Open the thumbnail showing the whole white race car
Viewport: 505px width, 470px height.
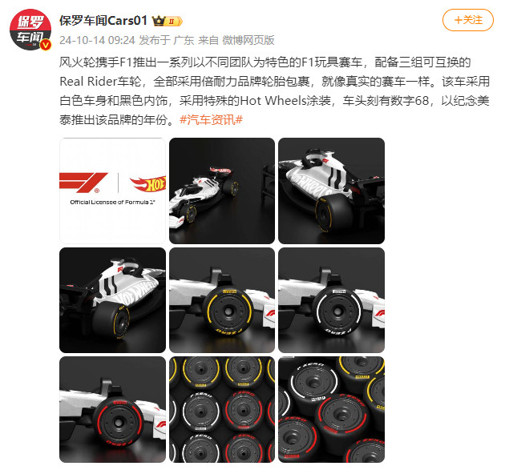221,191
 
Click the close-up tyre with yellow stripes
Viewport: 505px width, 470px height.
221,299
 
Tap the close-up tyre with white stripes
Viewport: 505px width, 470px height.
330,299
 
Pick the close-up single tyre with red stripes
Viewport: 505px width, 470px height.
112,408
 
